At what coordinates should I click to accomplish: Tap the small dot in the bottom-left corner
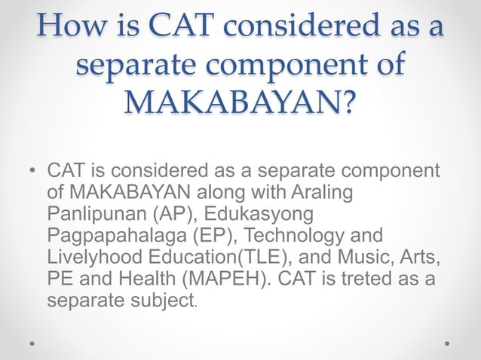tap(32, 343)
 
